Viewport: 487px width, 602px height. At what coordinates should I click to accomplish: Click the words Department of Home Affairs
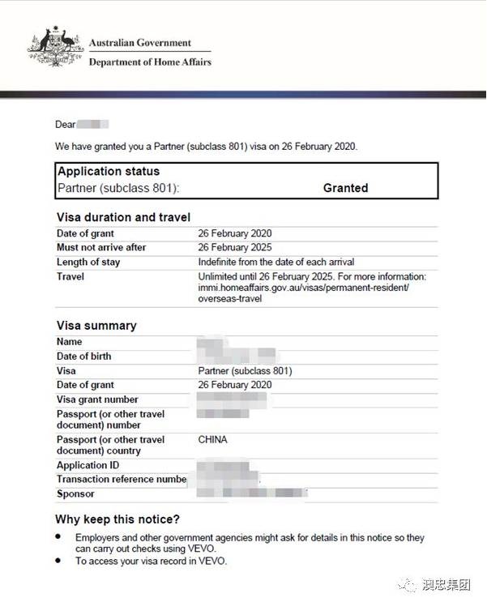pos(150,62)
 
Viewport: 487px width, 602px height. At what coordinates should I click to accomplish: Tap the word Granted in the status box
pos(345,188)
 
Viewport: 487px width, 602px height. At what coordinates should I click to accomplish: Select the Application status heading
pos(109,172)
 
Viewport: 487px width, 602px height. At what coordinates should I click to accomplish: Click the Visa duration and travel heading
pos(123,217)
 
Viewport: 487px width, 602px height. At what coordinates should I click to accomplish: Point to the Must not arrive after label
pos(101,248)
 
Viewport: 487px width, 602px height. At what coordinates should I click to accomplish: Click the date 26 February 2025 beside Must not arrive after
pos(235,248)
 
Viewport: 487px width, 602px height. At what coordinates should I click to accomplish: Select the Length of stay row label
pos(89,263)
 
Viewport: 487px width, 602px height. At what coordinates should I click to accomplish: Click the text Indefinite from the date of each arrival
pos(276,263)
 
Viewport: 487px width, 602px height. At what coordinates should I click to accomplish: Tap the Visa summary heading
pos(96,326)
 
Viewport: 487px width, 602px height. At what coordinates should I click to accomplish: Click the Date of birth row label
pos(84,357)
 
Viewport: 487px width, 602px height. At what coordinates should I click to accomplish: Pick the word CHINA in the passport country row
pos(213,440)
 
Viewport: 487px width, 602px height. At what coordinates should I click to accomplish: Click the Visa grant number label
pos(97,400)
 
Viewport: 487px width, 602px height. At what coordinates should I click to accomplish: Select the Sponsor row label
pos(75,494)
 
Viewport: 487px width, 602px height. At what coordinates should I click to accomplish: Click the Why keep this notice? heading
pos(117,519)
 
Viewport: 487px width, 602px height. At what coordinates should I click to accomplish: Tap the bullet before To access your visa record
pos(58,560)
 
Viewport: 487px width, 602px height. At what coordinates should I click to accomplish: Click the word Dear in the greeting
pos(65,125)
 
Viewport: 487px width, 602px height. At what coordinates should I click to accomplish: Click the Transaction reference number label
pos(122,480)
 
